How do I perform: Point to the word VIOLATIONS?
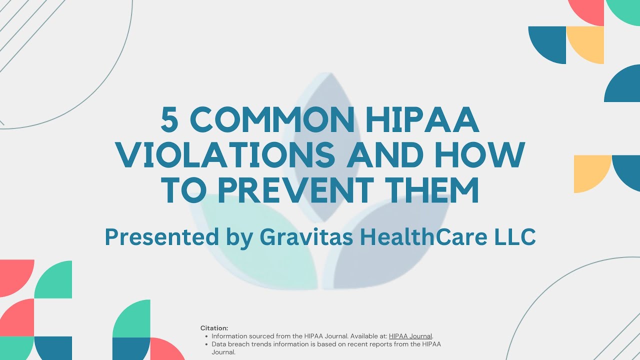tap(225, 156)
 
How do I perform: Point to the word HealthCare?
tap(424, 236)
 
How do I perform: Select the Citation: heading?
tap(214, 328)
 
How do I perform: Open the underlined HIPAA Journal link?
tap(410, 336)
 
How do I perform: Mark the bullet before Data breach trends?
tap(206, 344)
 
